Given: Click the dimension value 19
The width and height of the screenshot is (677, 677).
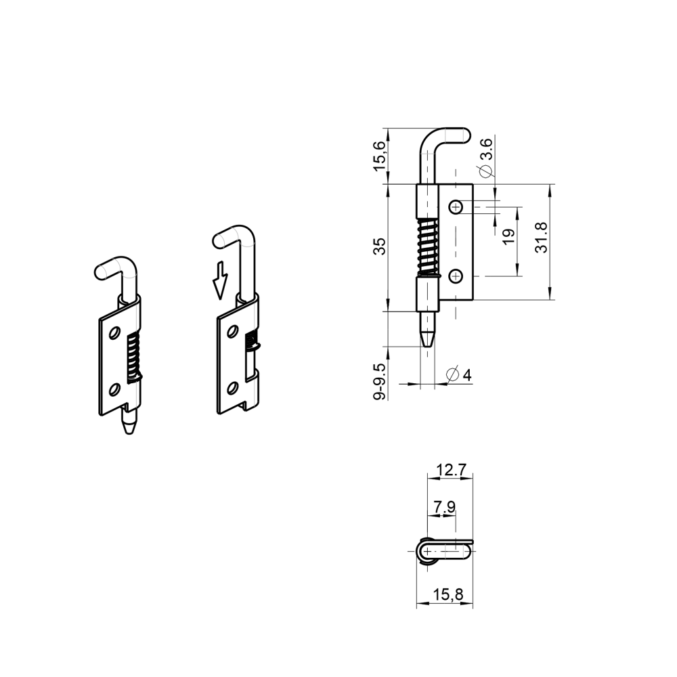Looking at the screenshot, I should pyautogui.click(x=509, y=236).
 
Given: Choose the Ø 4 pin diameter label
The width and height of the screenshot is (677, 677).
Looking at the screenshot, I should pyautogui.click(x=458, y=374).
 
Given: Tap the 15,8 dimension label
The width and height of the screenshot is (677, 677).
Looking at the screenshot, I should pyautogui.click(x=448, y=595).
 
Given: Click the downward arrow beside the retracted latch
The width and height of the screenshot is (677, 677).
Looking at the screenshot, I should pyautogui.click(x=219, y=280).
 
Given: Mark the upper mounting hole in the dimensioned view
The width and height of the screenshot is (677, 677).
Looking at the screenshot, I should pyautogui.click(x=456, y=206).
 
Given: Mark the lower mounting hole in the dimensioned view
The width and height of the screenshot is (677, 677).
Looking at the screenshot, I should pyautogui.click(x=456, y=276).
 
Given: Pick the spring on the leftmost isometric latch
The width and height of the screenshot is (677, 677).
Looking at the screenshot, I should pyautogui.click(x=133, y=355).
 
